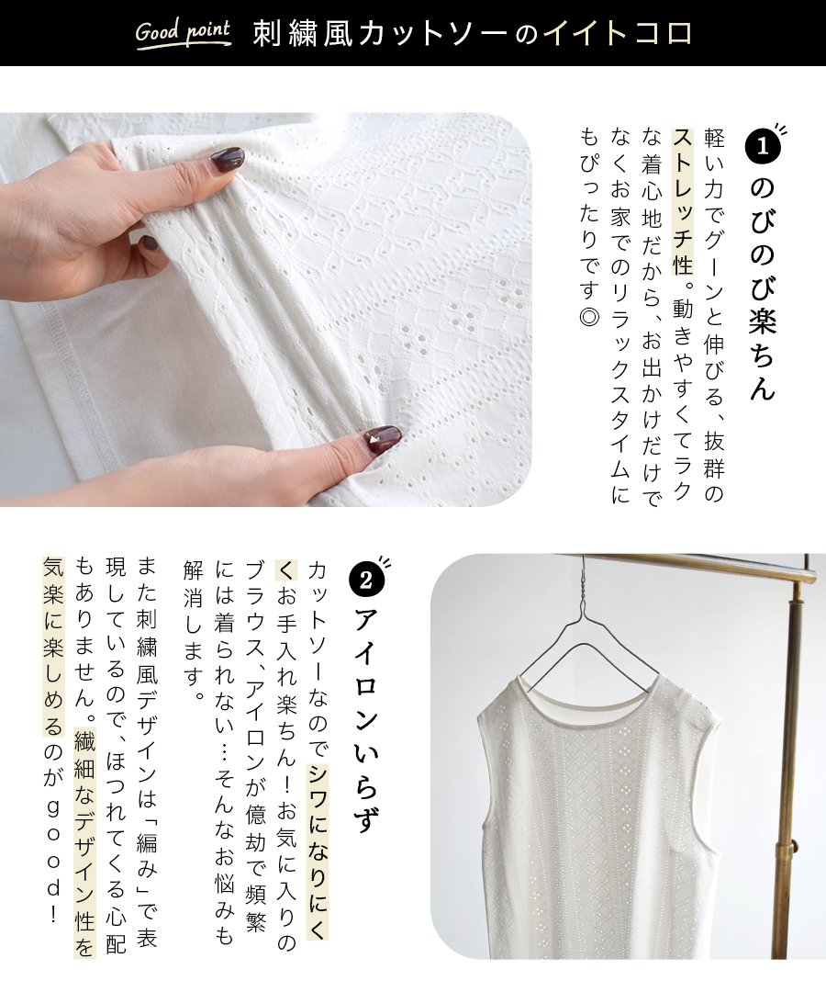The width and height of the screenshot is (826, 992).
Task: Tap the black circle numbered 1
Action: [x=763, y=146]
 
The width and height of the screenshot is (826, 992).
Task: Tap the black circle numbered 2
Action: [x=366, y=580]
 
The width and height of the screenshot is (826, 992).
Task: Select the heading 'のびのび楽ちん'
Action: [x=763, y=288]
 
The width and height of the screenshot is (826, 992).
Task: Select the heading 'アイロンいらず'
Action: [x=366, y=720]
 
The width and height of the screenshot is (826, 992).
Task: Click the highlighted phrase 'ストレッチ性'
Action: [x=683, y=202]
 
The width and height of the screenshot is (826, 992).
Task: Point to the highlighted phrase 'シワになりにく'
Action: [x=318, y=851]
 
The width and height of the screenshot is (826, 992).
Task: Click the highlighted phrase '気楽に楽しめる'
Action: [x=54, y=647]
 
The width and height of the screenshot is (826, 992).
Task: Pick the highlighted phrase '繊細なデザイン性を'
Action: [x=84, y=843]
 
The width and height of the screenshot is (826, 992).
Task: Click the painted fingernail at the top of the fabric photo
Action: [x=227, y=159]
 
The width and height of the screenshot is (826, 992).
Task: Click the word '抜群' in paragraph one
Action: [x=713, y=455]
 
